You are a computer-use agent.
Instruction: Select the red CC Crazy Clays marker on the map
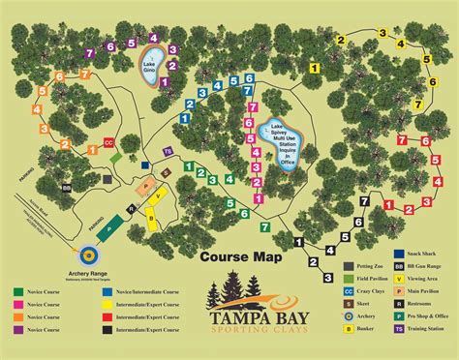(108, 142)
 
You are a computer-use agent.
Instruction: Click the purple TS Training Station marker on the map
(168, 152)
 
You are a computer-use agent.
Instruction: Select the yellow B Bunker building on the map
(152, 218)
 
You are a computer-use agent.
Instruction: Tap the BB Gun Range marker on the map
(66, 188)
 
